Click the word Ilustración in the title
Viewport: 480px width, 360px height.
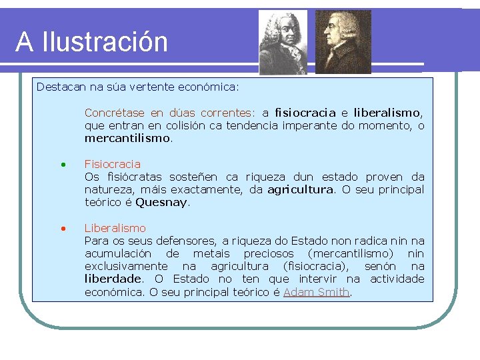[105, 42]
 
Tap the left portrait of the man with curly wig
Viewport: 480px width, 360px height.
[283, 42]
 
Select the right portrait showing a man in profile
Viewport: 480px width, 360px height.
[343, 42]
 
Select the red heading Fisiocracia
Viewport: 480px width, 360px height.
[113, 164]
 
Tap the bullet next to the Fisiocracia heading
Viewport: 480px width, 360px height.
[62, 164]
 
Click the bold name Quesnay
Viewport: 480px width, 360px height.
[162, 203]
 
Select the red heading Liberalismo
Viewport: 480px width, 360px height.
[115, 228]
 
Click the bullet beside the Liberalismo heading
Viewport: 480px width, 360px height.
[62, 228]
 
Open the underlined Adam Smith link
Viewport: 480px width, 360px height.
[316, 292]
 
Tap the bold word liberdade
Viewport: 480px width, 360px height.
[113, 279]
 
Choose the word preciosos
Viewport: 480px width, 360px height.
[270, 253]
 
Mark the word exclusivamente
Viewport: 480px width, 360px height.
[126, 266]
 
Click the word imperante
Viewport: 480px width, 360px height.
[309, 126]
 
